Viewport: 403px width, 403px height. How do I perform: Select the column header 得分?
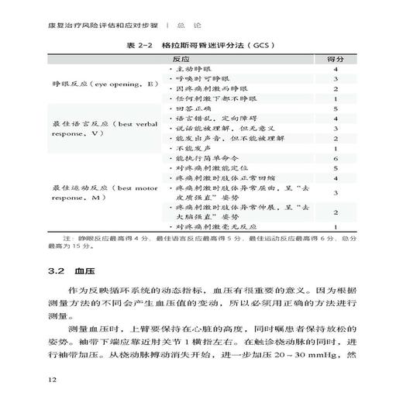(336, 60)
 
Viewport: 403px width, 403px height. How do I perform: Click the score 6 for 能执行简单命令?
(336, 158)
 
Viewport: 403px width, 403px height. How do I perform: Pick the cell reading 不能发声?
(191, 148)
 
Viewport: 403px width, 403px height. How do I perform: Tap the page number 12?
(52, 380)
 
